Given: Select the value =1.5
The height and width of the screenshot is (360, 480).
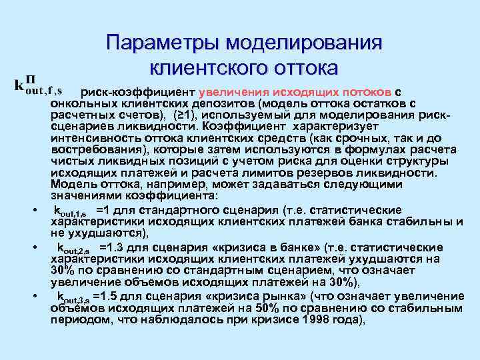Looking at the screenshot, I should click(x=107, y=297).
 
